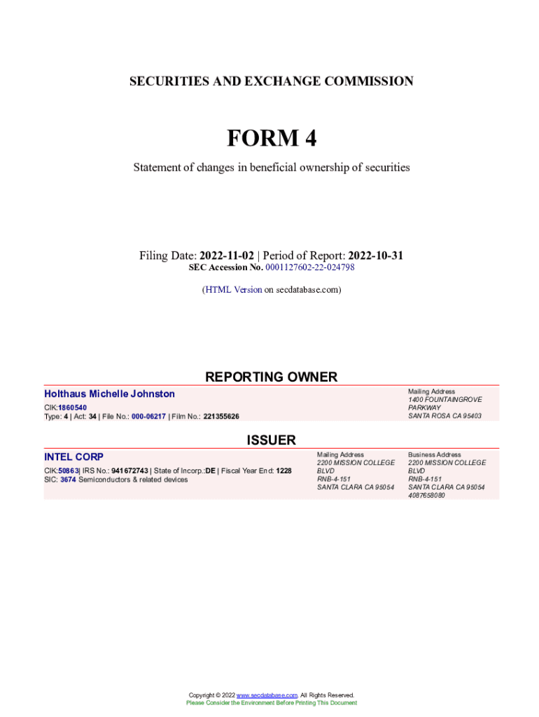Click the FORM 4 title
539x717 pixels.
[271, 139]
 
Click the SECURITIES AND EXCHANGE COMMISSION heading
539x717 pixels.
[271, 81]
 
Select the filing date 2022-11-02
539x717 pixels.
[226, 256]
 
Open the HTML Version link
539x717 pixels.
[233, 289]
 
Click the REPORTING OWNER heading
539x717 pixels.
[271, 377]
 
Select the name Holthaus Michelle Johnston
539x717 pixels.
[109, 394]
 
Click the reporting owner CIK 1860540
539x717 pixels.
[72, 407]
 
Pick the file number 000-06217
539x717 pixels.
[148, 417]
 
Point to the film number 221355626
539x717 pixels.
[221, 417]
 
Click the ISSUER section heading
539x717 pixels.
[271, 440]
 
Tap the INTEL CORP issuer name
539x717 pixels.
[73, 457]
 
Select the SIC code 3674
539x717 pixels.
[69, 480]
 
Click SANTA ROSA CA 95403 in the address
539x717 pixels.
[444, 417]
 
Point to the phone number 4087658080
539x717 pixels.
[426, 495]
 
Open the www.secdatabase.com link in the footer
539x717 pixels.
[267, 695]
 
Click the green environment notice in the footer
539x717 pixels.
[271, 703]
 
